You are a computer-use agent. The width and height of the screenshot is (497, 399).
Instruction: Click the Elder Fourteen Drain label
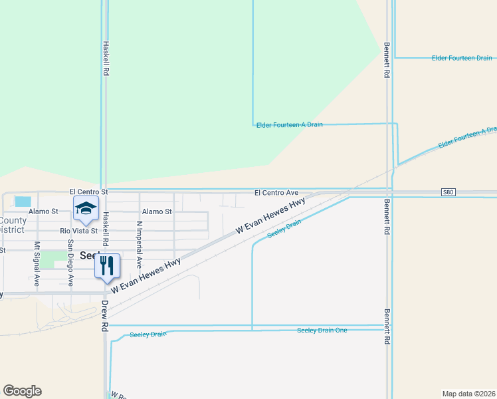pos(462,59)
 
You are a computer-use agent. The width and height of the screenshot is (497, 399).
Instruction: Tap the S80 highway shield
pos(449,192)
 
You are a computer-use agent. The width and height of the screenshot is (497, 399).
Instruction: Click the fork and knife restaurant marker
pos(106,266)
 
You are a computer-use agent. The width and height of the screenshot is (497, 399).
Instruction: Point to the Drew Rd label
pos(104,316)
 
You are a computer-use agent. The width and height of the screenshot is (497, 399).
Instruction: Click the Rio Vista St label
pos(79,231)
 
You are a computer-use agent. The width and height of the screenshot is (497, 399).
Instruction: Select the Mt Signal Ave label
pos(37,264)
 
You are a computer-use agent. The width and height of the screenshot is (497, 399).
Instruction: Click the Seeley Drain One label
pos(322,330)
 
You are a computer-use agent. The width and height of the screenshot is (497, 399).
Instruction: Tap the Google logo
pos(22,391)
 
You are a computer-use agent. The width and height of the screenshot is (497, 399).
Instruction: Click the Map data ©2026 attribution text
pos(468,393)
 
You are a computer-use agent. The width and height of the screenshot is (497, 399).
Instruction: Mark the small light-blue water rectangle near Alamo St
pos(23,201)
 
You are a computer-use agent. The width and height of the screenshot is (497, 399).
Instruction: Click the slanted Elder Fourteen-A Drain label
pos(467,138)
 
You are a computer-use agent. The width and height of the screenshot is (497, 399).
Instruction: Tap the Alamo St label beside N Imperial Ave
pos(157,211)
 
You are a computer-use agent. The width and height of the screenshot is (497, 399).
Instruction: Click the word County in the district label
pos(13,221)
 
